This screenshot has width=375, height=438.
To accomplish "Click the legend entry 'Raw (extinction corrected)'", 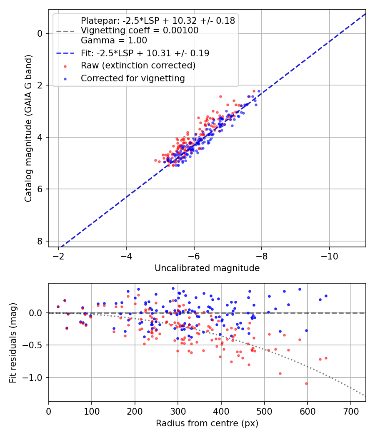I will [138, 65].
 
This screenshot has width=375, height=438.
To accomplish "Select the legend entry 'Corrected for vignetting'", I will [132, 78].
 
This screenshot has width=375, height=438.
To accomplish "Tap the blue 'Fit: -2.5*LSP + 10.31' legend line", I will [65, 53].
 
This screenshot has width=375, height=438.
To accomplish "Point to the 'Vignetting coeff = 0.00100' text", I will [140, 30].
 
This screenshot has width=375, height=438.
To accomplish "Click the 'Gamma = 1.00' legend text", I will [114, 40].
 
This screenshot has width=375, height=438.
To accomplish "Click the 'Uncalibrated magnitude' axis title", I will [207, 268].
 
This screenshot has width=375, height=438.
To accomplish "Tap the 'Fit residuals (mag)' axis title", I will [13, 342].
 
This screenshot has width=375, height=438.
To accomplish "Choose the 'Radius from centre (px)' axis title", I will [207, 423].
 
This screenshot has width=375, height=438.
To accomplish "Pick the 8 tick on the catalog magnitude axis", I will [40, 241].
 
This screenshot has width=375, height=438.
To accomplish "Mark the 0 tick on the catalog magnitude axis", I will [40, 33].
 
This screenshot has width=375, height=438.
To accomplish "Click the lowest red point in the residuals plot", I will [306, 383].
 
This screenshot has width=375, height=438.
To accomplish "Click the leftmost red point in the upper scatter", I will [155, 160].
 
